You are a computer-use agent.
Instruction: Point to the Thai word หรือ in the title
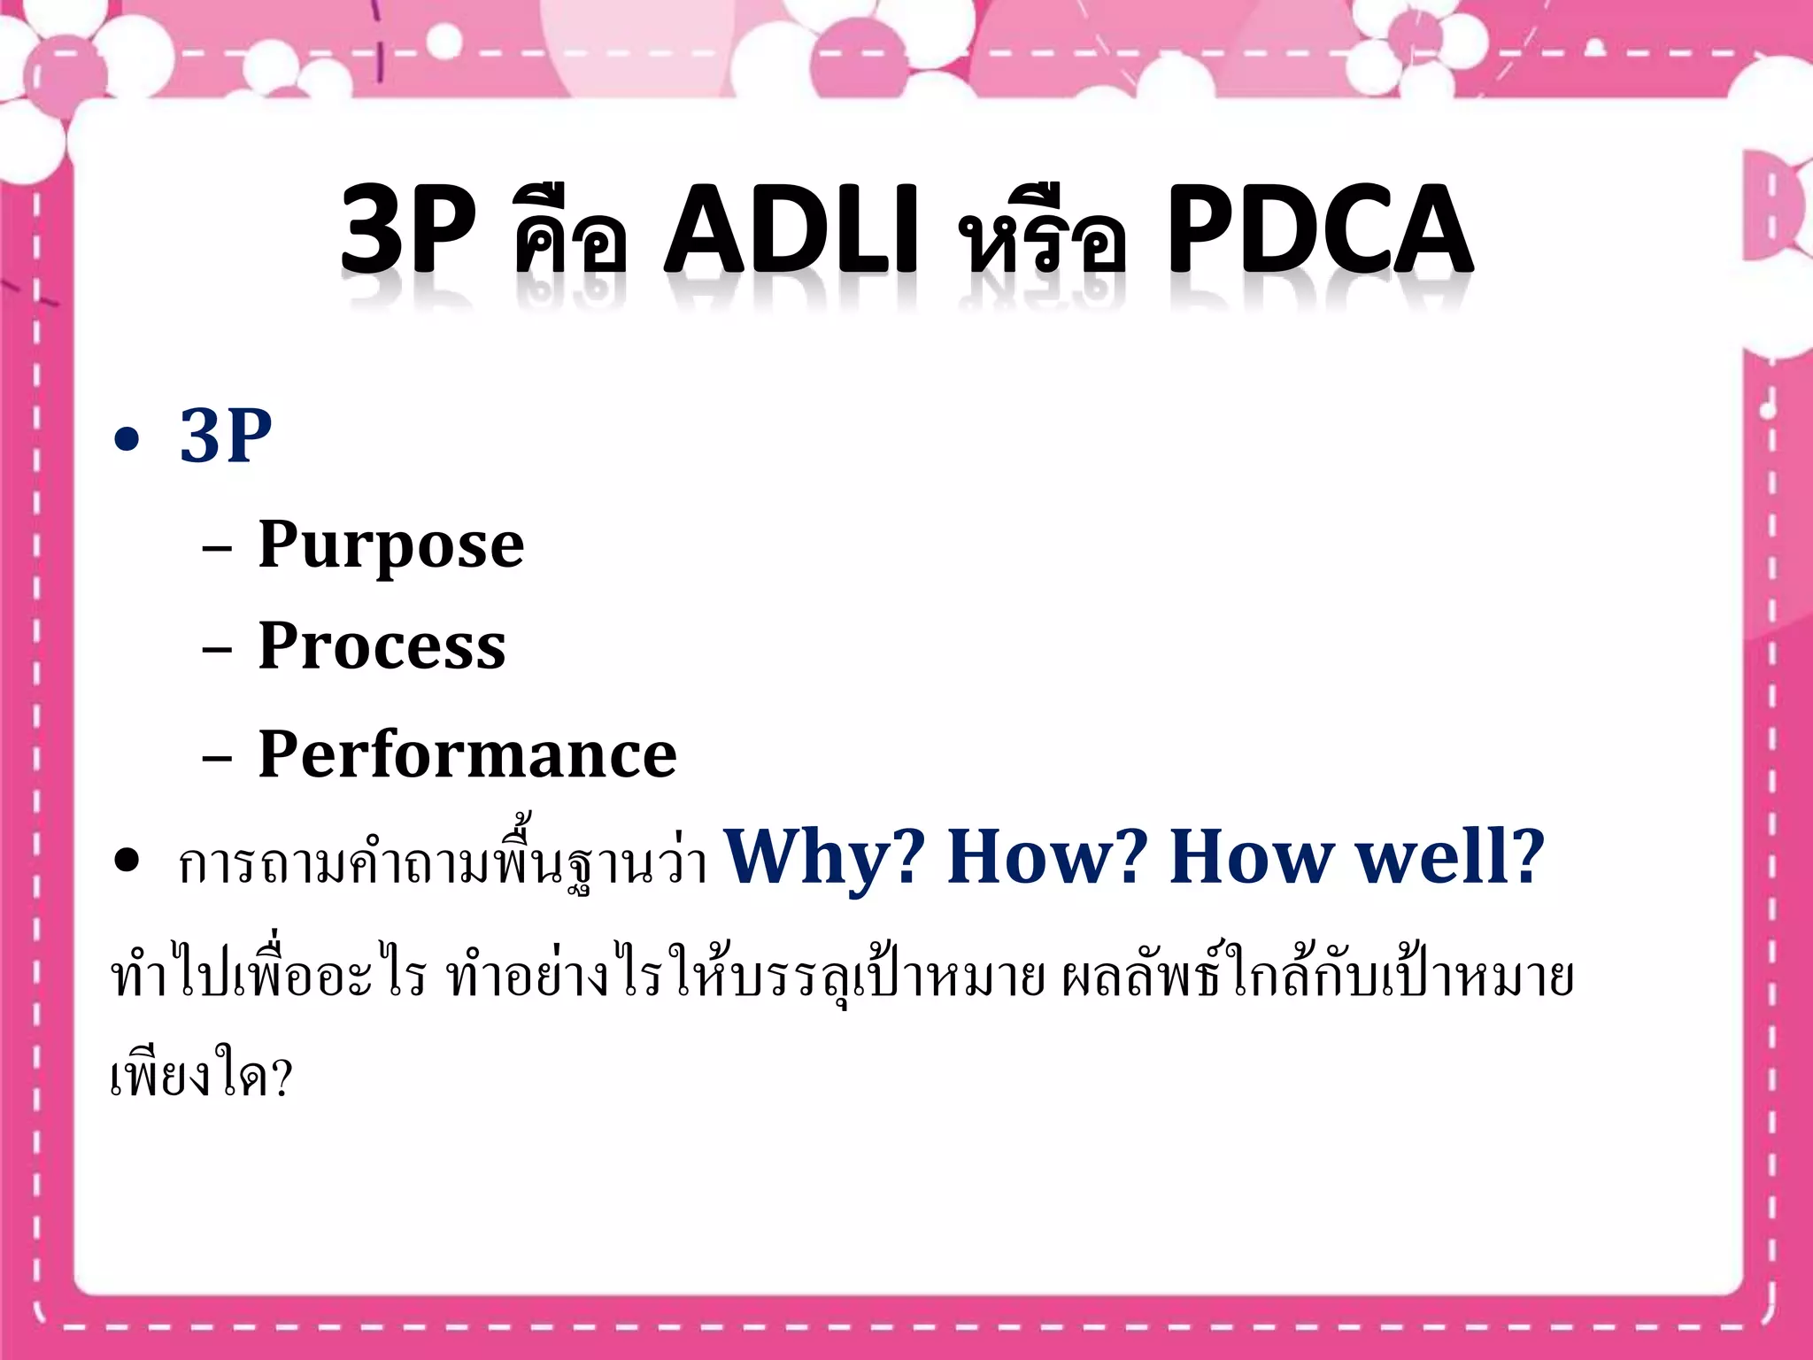[1045, 237]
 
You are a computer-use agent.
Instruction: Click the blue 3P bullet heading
[226, 436]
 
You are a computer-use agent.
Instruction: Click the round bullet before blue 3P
[127, 439]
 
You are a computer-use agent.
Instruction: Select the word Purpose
[390, 545]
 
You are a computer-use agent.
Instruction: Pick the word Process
[382, 646]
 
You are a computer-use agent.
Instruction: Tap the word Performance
[467, 754]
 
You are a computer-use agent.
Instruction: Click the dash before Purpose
[217, 549]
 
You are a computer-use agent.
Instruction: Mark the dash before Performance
[217, 759]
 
